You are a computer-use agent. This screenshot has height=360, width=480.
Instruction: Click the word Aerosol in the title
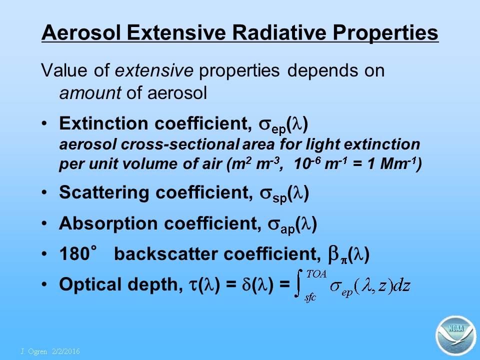coord(81,32)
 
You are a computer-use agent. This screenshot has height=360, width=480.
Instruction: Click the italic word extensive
coord(154,70)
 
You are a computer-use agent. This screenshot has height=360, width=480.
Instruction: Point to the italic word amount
coord(90,93)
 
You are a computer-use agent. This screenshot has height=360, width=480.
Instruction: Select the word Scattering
coord(104,193)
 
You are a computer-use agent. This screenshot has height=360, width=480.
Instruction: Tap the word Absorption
coord(108,224)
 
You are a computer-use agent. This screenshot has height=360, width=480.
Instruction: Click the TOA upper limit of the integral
coord(316,274)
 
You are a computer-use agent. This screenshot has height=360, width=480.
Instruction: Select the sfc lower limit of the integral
coord(310,297)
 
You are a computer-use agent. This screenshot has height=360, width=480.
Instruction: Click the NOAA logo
coord(456,335)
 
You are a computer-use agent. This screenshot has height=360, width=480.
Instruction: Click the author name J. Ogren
coord(34,351)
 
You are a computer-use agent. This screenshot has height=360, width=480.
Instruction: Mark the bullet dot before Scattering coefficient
coord(44,193)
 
